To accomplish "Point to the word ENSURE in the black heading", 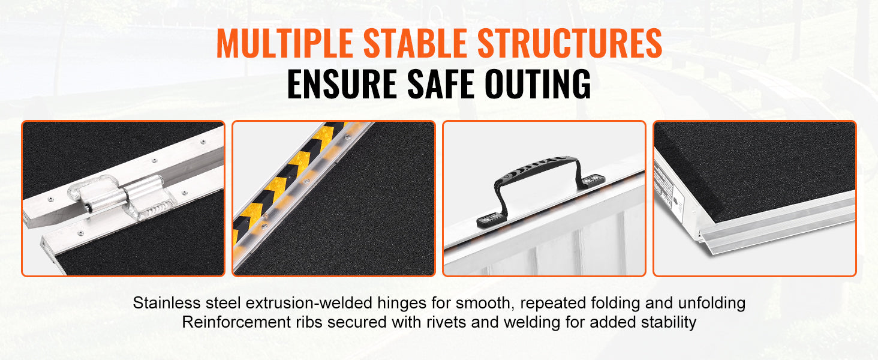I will pyautogui.click(x=341, y=85).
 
